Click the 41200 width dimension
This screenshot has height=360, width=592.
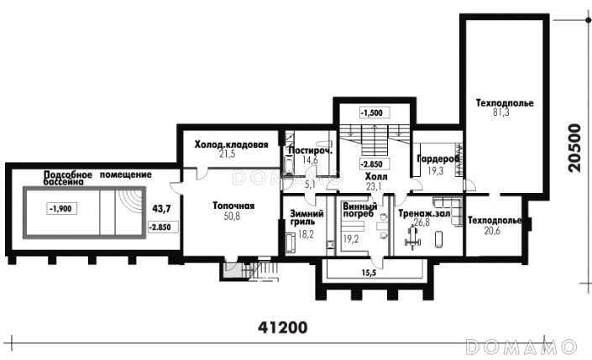tap(283, 327)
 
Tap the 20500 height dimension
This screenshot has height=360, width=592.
tap(574, 148)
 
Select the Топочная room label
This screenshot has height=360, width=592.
tap(233, 206)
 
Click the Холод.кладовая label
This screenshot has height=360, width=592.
tap(232, 144)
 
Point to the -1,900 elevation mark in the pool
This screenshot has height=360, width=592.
tap(62, 208)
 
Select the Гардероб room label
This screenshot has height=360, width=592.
tap(438, 159)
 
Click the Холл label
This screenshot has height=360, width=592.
tap(375, 176)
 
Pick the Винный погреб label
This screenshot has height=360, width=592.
tap(359, 210)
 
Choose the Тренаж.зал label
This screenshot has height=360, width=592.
tap(424, 214)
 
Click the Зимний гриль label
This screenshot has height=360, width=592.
tap(306, 217)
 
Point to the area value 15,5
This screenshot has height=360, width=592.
tap(371, 273)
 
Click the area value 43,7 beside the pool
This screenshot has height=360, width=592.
tap(161, 208)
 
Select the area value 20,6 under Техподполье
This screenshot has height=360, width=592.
tap(492, 231)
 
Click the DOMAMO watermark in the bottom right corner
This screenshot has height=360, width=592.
tap(521, 347)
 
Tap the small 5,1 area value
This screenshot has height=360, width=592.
tap(310, 185)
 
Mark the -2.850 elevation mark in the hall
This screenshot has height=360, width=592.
tap(371, 164)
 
